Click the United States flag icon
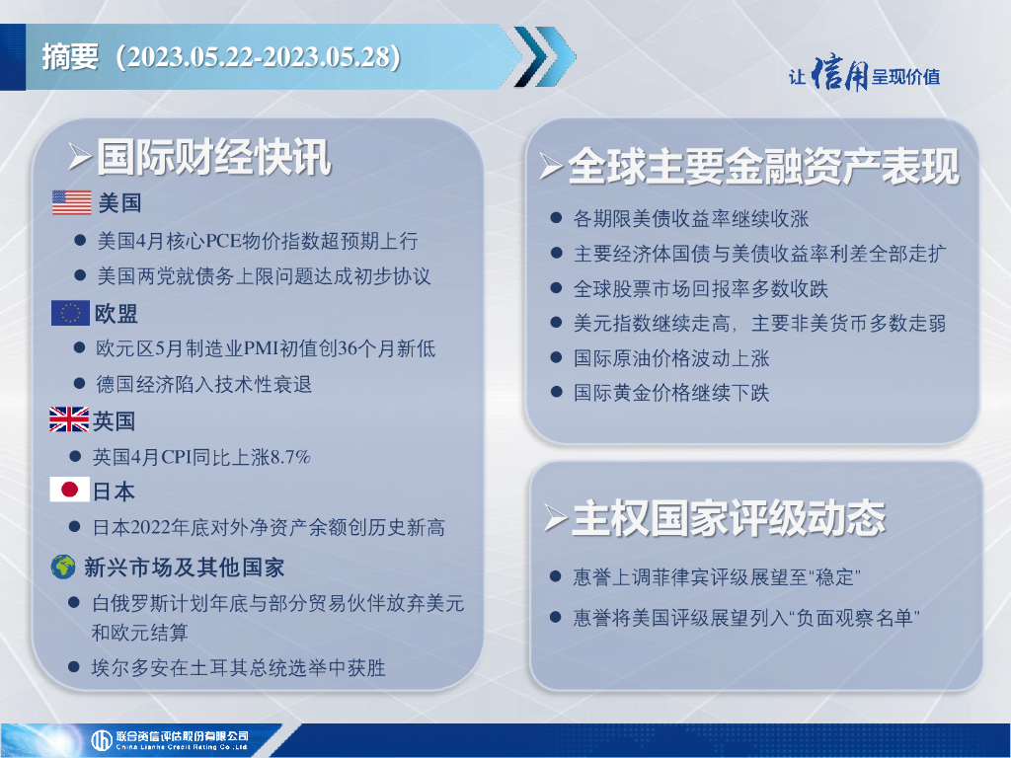click(71, 202)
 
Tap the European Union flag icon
click(70, 313)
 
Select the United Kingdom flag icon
click(69, 419)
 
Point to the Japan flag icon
click(69, 490)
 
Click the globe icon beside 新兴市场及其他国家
click(63, 567)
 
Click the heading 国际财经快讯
click(214, 157)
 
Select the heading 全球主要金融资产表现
click(763, 166)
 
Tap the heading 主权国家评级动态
click(729, 517)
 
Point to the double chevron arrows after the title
click(545, 56)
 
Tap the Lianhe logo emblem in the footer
click(102, 740)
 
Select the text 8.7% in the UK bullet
click(290, 457)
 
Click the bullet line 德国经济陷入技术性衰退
click(203, 384)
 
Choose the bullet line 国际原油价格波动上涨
click(671, 358)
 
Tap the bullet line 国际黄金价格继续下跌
click(671, 393)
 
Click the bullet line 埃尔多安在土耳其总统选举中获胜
click(239, 668)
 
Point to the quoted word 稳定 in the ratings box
click(835, 576)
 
